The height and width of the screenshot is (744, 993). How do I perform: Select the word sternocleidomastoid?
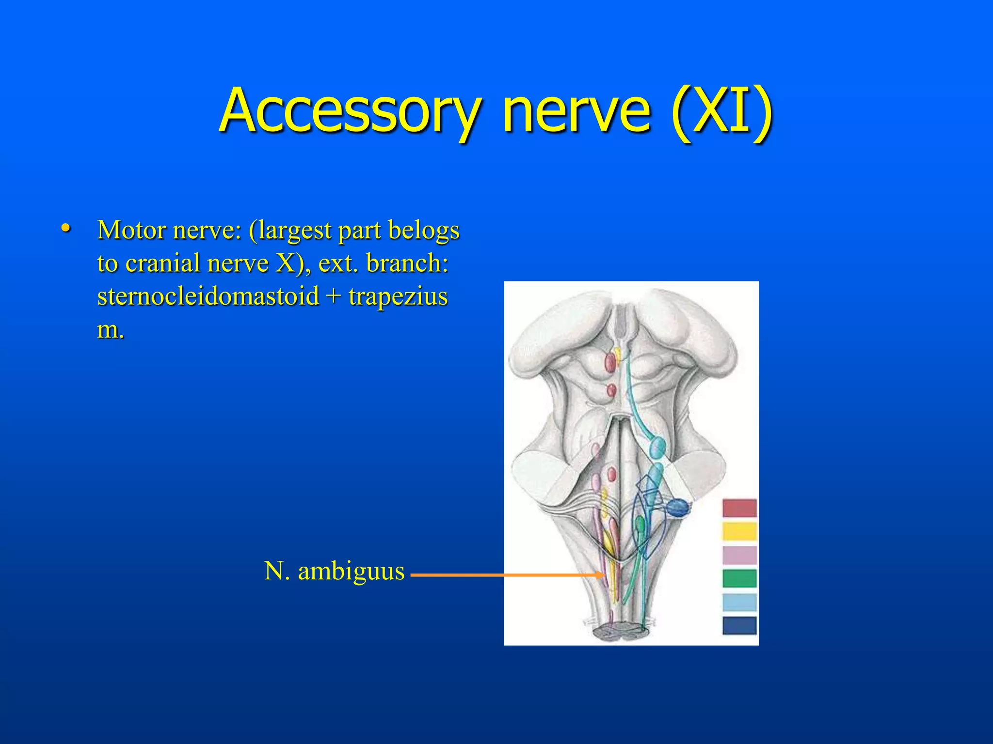(208, 296)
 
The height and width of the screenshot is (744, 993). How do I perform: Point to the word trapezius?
(398, 296)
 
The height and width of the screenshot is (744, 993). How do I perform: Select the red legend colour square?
(739, 508)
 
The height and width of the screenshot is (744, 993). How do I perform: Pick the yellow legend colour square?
(739, 531)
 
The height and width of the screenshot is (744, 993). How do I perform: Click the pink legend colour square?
(739, 555)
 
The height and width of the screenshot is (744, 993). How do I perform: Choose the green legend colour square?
(739, 578)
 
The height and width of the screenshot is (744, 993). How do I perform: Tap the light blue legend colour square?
(739, 602)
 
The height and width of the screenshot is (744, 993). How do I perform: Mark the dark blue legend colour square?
(739, 625)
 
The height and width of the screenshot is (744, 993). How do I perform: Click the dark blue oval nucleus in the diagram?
(677, 507)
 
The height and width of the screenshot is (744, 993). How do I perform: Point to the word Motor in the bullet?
(131, 230)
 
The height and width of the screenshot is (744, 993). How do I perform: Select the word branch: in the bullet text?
(407, 263)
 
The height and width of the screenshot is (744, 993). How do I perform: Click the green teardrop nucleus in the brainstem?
(640, 524)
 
